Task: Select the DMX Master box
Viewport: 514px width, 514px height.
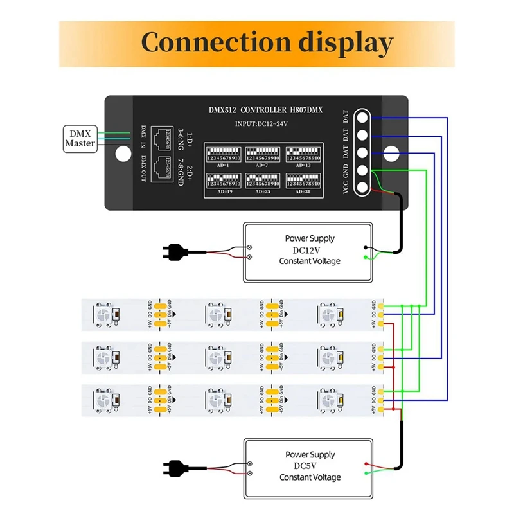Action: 80,138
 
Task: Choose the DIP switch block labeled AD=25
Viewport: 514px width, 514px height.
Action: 263,181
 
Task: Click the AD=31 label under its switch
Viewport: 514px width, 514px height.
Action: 303,191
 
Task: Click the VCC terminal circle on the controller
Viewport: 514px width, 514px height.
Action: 362,188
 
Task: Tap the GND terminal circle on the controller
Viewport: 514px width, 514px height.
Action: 362,171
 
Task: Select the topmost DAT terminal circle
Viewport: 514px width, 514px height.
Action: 362,118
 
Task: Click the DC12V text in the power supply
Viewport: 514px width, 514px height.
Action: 310,250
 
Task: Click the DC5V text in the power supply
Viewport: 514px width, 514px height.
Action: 310,466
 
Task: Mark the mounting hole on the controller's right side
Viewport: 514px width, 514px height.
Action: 391,154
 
